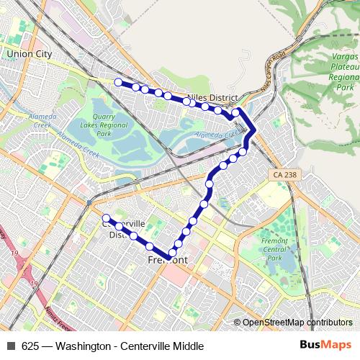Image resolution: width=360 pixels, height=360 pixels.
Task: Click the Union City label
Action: [28, 53]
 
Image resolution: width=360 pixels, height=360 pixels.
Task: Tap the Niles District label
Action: [212, 97]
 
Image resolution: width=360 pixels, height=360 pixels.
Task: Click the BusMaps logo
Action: [325, 345]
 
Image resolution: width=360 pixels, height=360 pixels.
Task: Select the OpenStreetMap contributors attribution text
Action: [297, 323]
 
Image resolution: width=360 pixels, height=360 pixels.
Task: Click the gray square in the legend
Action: [11, 346]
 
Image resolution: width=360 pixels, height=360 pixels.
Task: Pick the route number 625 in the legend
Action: [30, 346]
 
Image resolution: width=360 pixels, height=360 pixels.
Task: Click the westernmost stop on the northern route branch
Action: [119, 82]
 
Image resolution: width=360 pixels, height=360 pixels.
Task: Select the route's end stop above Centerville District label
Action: [106, 217]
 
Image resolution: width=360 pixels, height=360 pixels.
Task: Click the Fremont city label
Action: [167, 260]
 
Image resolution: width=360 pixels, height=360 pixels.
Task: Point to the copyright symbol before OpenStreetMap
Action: [238, 323]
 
